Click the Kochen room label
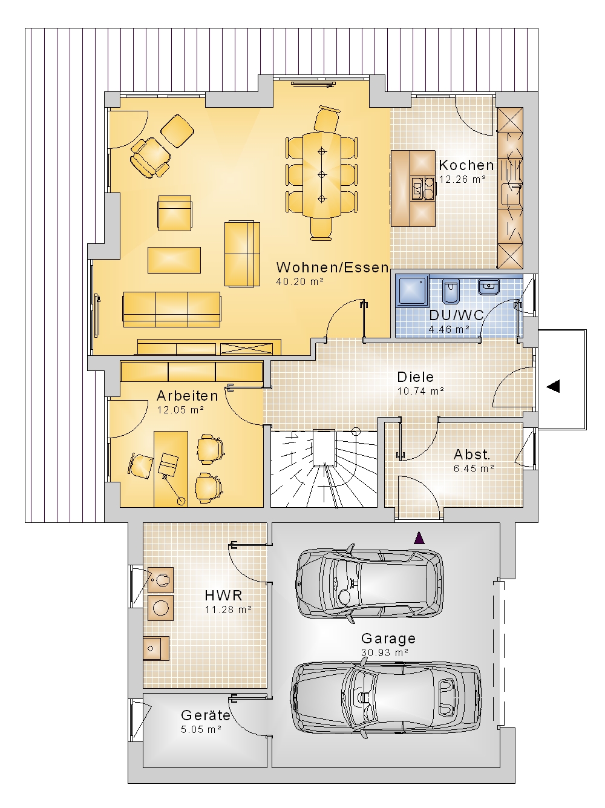point(466,165)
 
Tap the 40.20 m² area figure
point(299,281)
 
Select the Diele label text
point(415,377)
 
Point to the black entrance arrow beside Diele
point(553,386)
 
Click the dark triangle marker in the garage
point(419,538)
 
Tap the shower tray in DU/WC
point(412,291)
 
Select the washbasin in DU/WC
point(488,287)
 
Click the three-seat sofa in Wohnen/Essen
point(172,309)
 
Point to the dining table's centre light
point(322,174)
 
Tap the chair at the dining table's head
point(326,119)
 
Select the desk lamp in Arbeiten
point(172,485)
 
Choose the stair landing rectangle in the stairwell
point(324,447)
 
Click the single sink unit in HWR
point(156,649)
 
